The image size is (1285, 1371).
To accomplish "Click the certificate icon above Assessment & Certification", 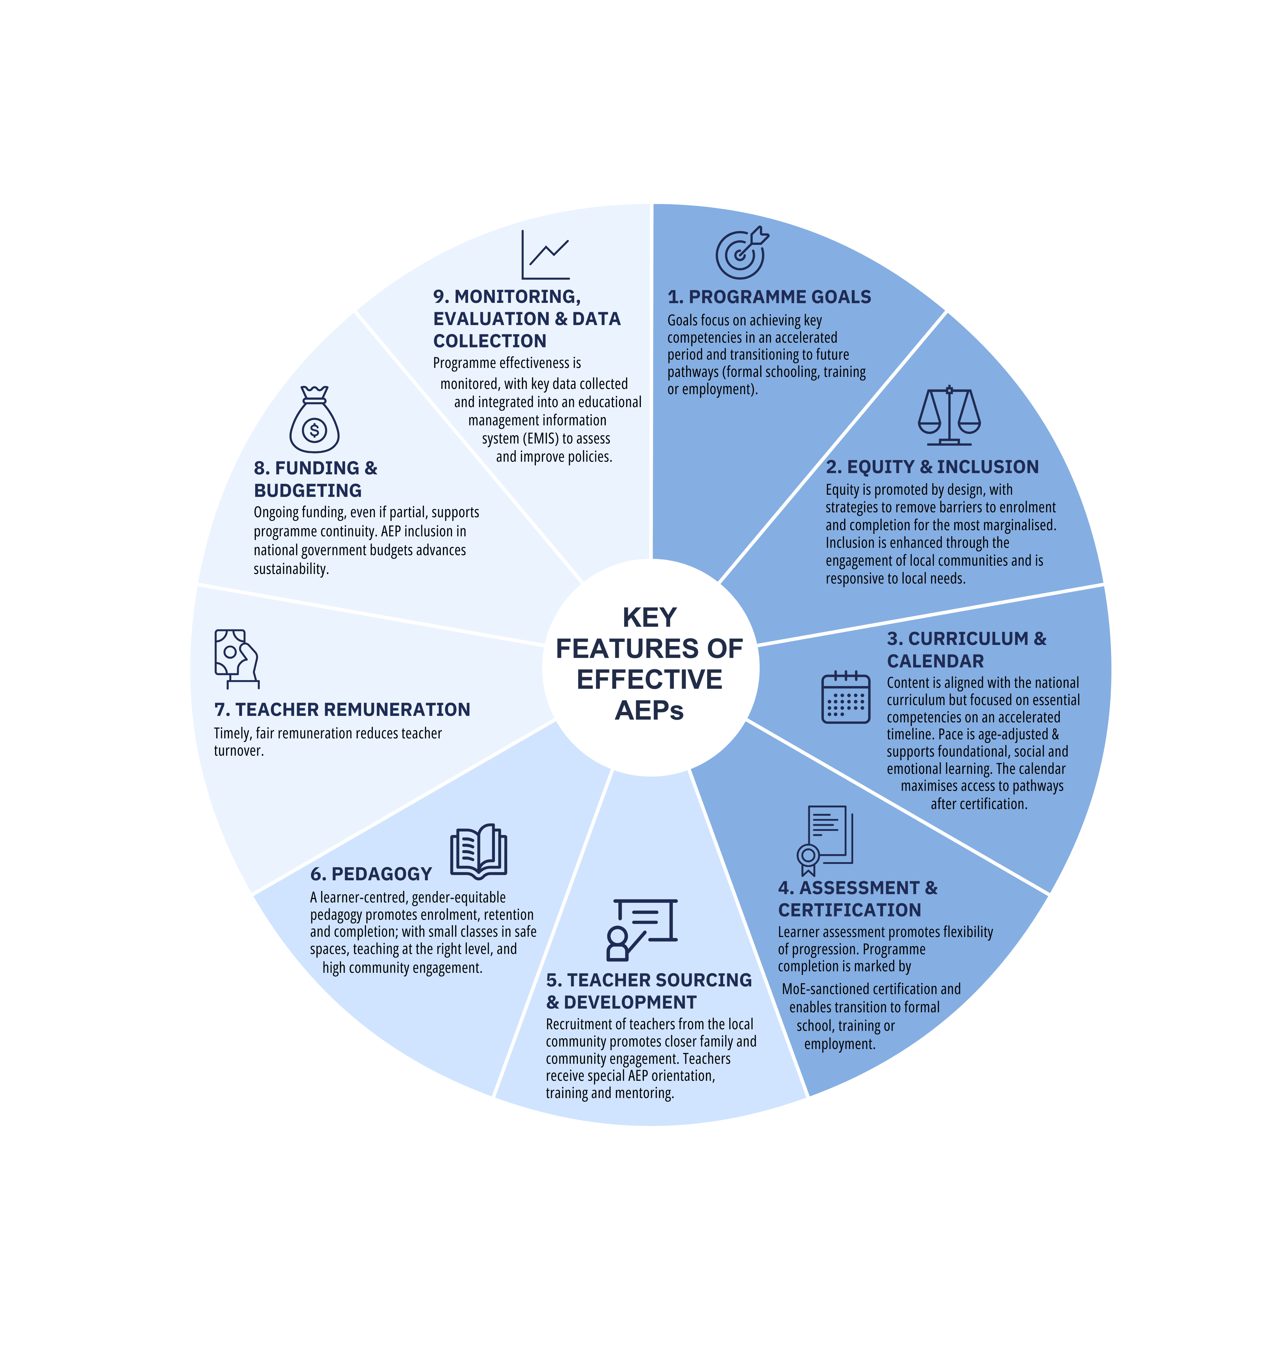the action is click(825, 841).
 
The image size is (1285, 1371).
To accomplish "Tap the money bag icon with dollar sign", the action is click(314, 419).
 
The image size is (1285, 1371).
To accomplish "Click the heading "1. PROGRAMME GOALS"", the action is click(769, 297).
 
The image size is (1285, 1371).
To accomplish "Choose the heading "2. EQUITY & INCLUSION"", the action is click(932, 467).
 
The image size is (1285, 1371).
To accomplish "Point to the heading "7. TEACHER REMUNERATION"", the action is click(342, 710).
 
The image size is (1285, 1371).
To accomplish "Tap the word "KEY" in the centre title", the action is click(650, 617).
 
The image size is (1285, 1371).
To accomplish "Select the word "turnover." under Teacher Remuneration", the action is click(239, 751).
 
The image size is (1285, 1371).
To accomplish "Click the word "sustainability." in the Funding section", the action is click(291, 569).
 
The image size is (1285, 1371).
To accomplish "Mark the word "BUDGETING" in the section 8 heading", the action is click(308, 490).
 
